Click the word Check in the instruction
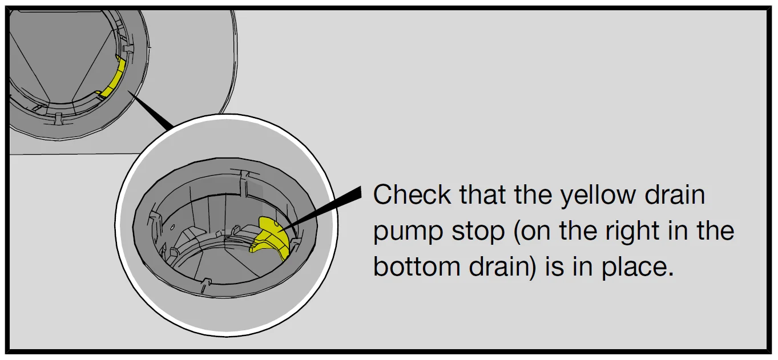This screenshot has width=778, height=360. coord(412,195)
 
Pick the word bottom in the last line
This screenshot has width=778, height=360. coord(417,266)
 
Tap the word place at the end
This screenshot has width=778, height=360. coord(638,268)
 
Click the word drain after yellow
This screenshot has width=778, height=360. coord(675,195)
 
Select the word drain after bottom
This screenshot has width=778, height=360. coord(502,266)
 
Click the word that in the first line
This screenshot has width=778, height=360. coord(482,195)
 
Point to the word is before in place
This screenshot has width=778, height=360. coord(554,266)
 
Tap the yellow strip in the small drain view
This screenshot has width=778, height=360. coord(112,78)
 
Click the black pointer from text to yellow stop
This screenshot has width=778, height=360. coord(321,210)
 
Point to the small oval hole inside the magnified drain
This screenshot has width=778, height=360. coord(172,228)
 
